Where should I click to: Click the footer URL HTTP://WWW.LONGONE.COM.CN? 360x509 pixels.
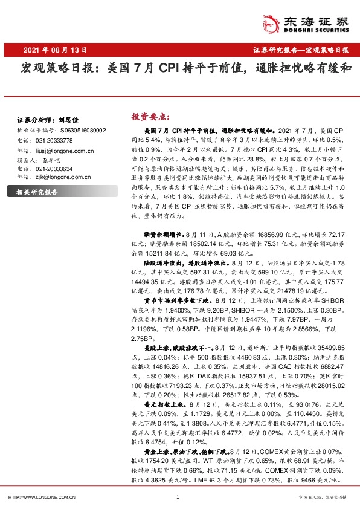[42, 498]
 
